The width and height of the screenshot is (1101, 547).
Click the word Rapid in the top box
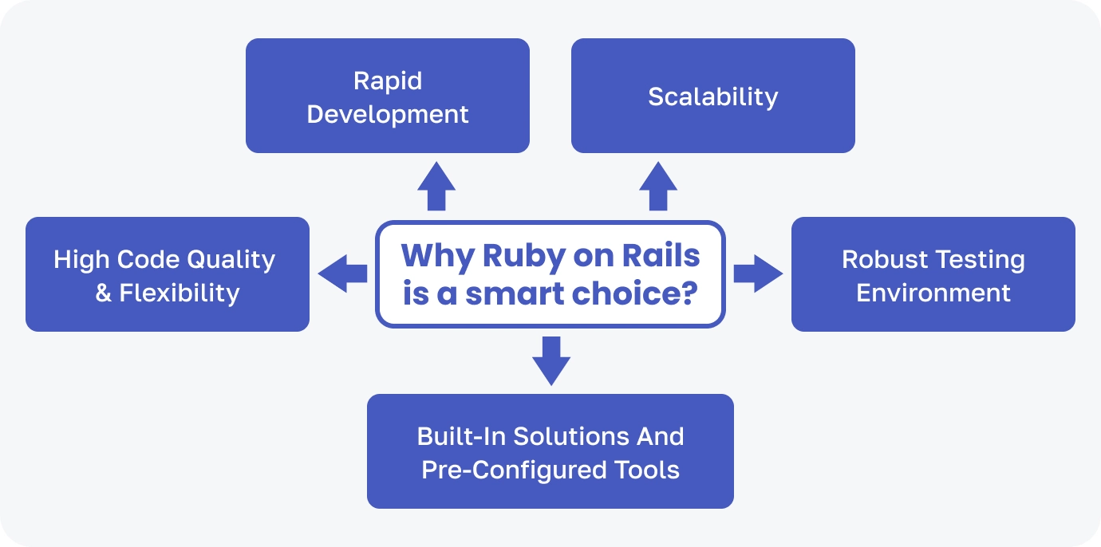click(388, 81)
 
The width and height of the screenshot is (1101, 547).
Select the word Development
click(388, 114)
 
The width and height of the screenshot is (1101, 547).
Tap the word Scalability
click(712, 96)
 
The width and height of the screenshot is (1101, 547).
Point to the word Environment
click(933, 293)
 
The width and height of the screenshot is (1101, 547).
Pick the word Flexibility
click(179, 293)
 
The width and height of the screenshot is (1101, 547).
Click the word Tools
click(647, 470)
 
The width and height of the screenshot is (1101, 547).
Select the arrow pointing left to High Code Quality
click(342, 274)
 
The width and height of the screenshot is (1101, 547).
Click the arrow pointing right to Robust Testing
click(758, 274)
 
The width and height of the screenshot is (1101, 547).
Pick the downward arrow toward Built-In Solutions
click(550, 360)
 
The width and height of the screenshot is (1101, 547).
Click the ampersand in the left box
click(104, 293)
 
